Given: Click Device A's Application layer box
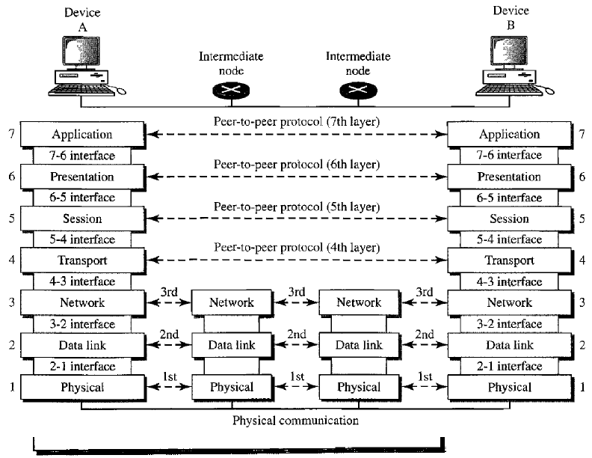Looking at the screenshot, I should click(x=83, y=135).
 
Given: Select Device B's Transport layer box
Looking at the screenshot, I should click(x=511, y=260).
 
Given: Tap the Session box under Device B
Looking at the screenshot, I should click(x=511, y=219).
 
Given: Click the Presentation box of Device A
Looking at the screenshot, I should click(x=83, y=177).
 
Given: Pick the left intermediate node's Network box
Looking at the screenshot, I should click(x=231, y=302).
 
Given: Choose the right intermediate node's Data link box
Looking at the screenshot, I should click(x=359, y=345).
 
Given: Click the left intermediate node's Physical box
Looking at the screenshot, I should click(x=231, y=387).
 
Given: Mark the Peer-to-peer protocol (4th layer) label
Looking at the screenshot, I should click(x=296, y=247).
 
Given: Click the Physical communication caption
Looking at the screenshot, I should click(x=296, y=421).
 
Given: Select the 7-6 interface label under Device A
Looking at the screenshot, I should click(x=83, y=156).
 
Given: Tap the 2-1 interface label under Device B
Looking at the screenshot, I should click(x=511, y=367).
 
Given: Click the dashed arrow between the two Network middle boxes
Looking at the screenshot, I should click(x=295, y=303).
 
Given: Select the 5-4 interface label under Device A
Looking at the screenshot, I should click(x=83, y=240).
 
